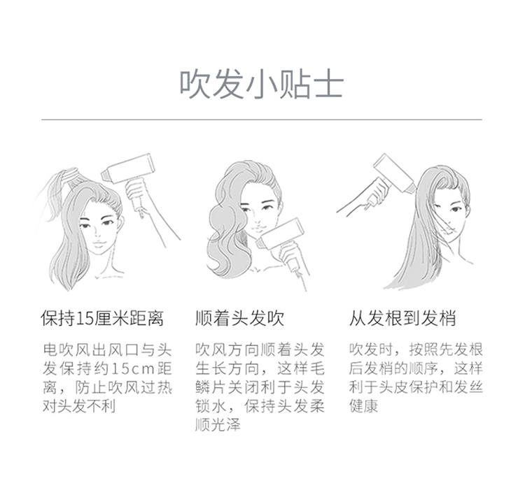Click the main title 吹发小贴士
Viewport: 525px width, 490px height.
coord(262,84)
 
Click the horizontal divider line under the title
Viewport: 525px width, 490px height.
coord(262,120)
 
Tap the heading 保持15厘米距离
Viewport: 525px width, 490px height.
coord(102,318)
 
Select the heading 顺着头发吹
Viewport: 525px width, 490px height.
coord(239,318)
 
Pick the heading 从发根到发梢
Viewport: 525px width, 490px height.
coord(402,318)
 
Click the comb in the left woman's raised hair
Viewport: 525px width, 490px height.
coord(71,175)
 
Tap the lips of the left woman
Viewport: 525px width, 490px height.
coord(99,243)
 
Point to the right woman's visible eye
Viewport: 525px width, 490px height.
coord(455,210)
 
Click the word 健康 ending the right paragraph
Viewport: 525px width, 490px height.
coord(363,406)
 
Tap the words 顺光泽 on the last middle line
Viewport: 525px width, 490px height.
coord(218,424)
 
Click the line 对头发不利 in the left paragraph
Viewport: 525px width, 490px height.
coord(79,406)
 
